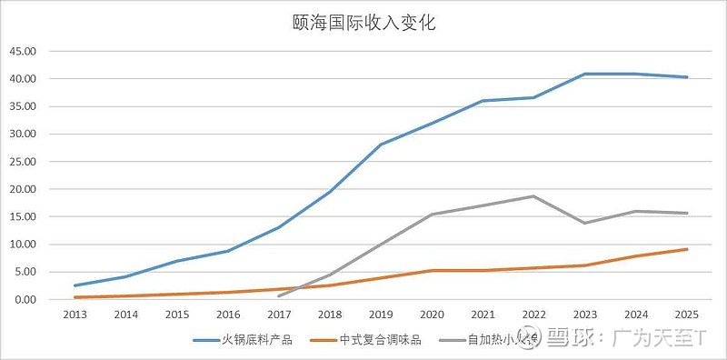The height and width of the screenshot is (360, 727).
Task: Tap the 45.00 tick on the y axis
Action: [x=22, y=52]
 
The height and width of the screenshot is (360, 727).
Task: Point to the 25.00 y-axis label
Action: [x=22, y=162]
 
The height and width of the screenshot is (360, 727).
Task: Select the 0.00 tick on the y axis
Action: [x=25, y=300]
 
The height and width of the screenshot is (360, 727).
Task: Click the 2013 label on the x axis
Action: [x=75, y=315]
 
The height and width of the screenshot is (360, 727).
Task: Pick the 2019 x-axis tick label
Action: [x=381, y=315]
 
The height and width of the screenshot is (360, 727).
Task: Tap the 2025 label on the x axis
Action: [x=687, y=315]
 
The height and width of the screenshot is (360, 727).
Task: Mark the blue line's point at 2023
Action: [x=585, y=74]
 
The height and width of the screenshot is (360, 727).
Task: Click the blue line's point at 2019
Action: [x=381, y=145]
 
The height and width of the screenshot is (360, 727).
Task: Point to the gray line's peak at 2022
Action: [x=534, y=196]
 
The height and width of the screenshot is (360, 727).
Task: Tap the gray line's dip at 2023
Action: [x=585, y=223]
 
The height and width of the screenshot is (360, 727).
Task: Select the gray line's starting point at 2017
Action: [x=279, y=295]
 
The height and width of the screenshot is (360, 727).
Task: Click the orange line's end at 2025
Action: [x=687, y=249]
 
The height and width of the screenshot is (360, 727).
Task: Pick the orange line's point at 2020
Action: [x=432, y=270]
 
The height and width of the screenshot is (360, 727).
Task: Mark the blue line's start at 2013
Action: [x=75, y=285]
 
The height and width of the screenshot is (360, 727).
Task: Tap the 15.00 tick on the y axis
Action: [x=22, y=217]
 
